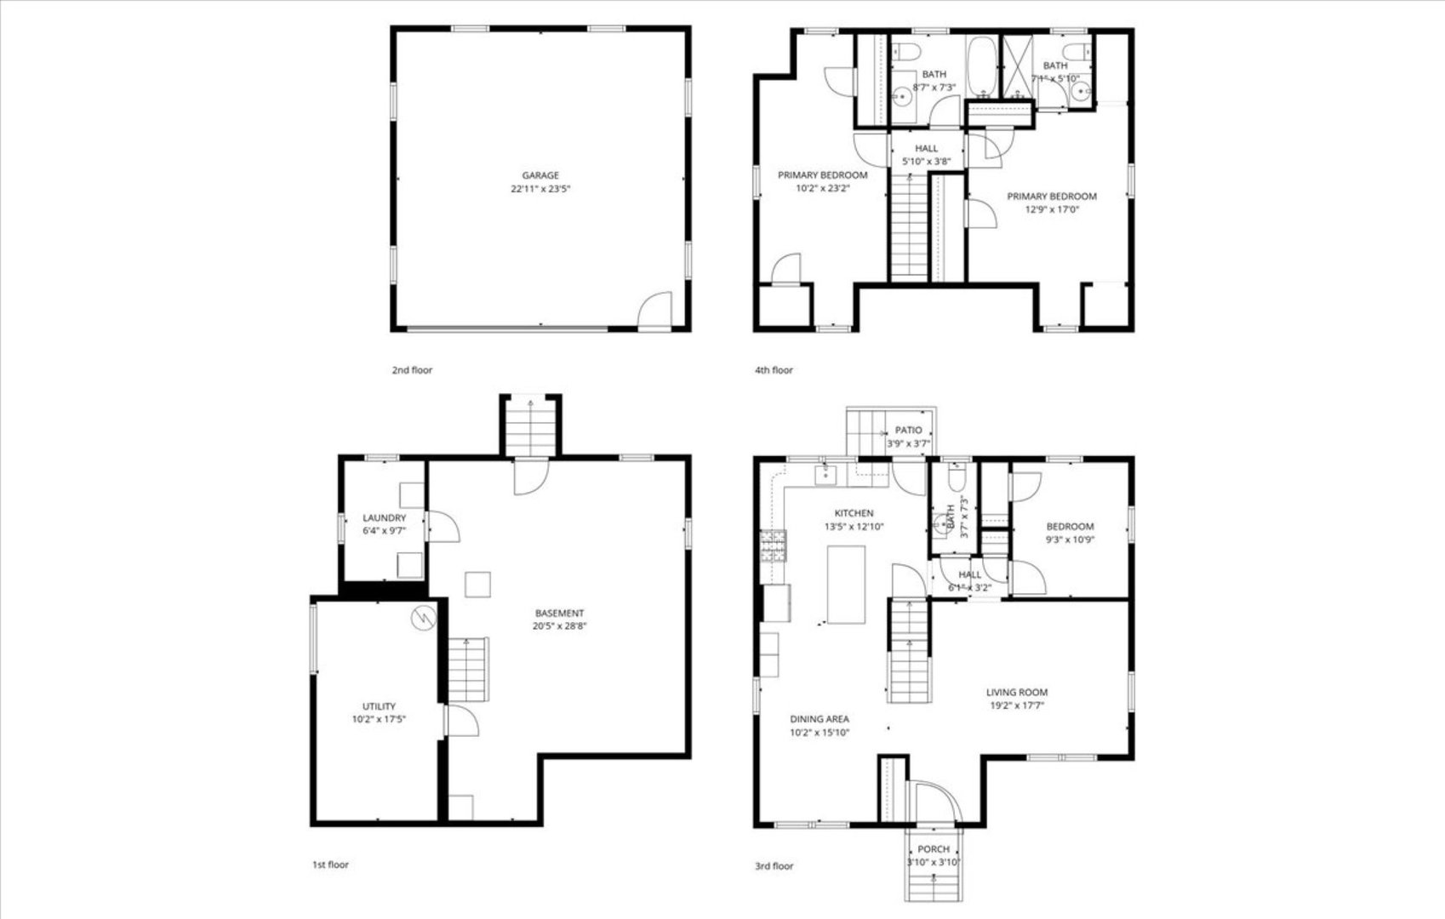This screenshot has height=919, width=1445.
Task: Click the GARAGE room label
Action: (x=540, y=175)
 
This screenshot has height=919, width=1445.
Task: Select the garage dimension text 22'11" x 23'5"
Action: (x=540, y=190)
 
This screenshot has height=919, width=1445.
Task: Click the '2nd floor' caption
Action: (x=412, y=370)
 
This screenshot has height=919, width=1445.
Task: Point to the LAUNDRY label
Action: (x=384, y=517)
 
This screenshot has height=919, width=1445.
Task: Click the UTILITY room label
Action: (x=379, y=706)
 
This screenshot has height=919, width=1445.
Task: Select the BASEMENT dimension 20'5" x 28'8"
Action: (x=560, y=625)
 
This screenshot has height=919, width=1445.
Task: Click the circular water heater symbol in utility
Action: (x=423, y=618)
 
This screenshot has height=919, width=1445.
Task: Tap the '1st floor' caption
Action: (x=330, y=865)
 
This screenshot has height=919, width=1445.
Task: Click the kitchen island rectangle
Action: (x=846, y=585)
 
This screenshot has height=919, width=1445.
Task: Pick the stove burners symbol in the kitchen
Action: (x=774, y=547)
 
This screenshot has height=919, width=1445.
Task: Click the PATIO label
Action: (x=909, y=431)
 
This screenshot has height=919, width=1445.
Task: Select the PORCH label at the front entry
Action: (x=934, y=849)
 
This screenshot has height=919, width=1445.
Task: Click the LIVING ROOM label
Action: (x=1017, y=693)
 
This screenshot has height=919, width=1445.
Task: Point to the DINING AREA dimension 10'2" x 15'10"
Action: (x=820, y=732)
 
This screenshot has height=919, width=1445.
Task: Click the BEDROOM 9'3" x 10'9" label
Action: (x=1070, y=526)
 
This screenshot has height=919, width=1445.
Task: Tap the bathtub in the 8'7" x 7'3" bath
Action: (x=984, y=66)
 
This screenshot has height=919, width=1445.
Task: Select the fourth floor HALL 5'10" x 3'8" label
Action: (x=926, y=148)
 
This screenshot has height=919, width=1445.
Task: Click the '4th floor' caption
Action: (x=774, y=370)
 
